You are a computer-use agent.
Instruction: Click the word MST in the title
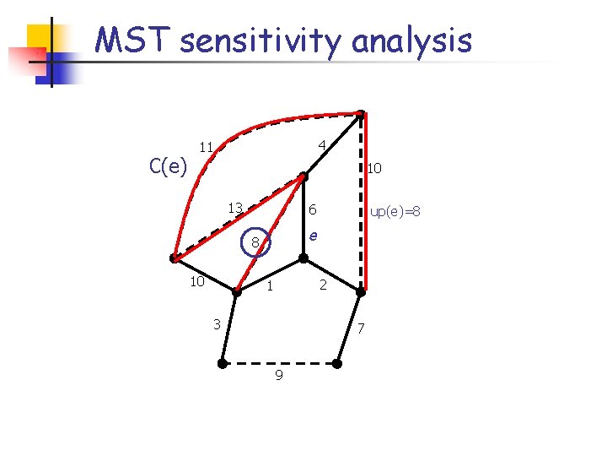127,40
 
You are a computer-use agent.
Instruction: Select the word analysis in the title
411,40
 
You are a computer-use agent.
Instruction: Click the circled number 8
255,244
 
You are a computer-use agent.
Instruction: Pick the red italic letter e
313,236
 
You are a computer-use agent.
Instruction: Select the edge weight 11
206,146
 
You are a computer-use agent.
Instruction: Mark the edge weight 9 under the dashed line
278,375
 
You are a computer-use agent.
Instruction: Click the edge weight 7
360,328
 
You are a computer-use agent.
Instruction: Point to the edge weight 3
217,323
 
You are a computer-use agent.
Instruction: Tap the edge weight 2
322,286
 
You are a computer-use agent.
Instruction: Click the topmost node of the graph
360,114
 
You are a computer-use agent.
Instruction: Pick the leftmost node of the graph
173,258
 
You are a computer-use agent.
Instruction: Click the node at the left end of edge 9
222,364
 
